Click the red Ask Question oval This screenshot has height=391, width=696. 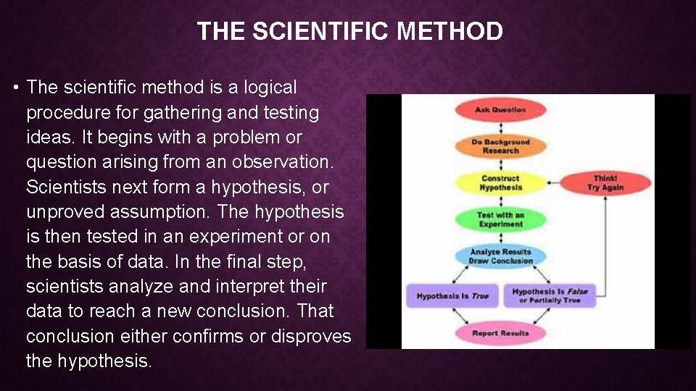(500, 110)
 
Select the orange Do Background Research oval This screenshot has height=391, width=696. (500, 146)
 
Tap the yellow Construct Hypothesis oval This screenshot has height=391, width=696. (500, 183)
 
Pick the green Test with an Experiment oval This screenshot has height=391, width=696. (500, 219)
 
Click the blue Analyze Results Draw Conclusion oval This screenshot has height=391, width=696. (500, 256)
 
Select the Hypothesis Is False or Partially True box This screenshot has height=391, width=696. (550, 295)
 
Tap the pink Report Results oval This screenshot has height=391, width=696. (500, 333)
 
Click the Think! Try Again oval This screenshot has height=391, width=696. (605, 183)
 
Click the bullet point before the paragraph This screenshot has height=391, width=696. (15, 88)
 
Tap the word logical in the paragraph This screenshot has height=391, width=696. (270, 88)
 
